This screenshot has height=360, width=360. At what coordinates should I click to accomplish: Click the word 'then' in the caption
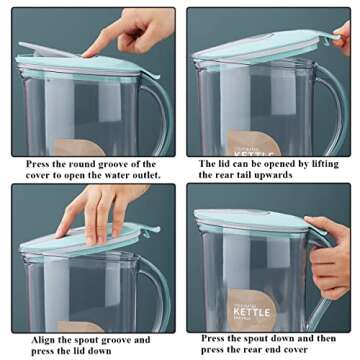tap(326, 338)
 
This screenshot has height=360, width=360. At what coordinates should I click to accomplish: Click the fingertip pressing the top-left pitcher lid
tap(87, 49)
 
